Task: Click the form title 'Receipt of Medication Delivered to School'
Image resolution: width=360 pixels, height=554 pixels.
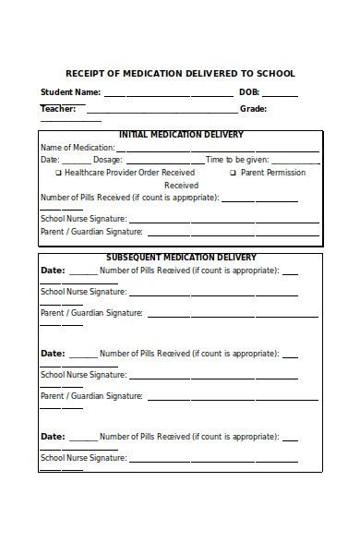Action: (x=180, y=73)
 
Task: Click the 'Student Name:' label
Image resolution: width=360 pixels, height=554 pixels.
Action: (x=70, y=92)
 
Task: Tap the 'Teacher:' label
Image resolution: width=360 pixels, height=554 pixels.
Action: (x=57, y=108)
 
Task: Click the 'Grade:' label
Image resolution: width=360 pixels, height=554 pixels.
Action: (x=253, y=108)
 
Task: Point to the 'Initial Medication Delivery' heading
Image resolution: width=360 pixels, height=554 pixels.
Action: (x=181, y=135)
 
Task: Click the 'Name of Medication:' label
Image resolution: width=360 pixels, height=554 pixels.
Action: (x=78, y=148)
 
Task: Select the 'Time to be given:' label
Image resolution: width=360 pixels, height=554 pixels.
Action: (x=237, y=160)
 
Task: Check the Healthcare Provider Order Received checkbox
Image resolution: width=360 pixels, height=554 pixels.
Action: (x=59, y=173)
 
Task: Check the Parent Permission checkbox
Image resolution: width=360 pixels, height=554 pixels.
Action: (x=233, y=173)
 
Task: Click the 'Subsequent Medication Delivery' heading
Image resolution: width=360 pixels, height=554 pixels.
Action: (x=181, y=258)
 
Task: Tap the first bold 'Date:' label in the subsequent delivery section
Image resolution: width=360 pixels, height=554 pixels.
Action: (x=53, y=271)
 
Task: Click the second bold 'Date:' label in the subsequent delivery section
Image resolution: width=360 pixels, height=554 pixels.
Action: (x=53, y=354)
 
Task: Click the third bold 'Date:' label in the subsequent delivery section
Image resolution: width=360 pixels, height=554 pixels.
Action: (x=53, y=437)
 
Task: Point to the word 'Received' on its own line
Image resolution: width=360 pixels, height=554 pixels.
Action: (x=181, y=185)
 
